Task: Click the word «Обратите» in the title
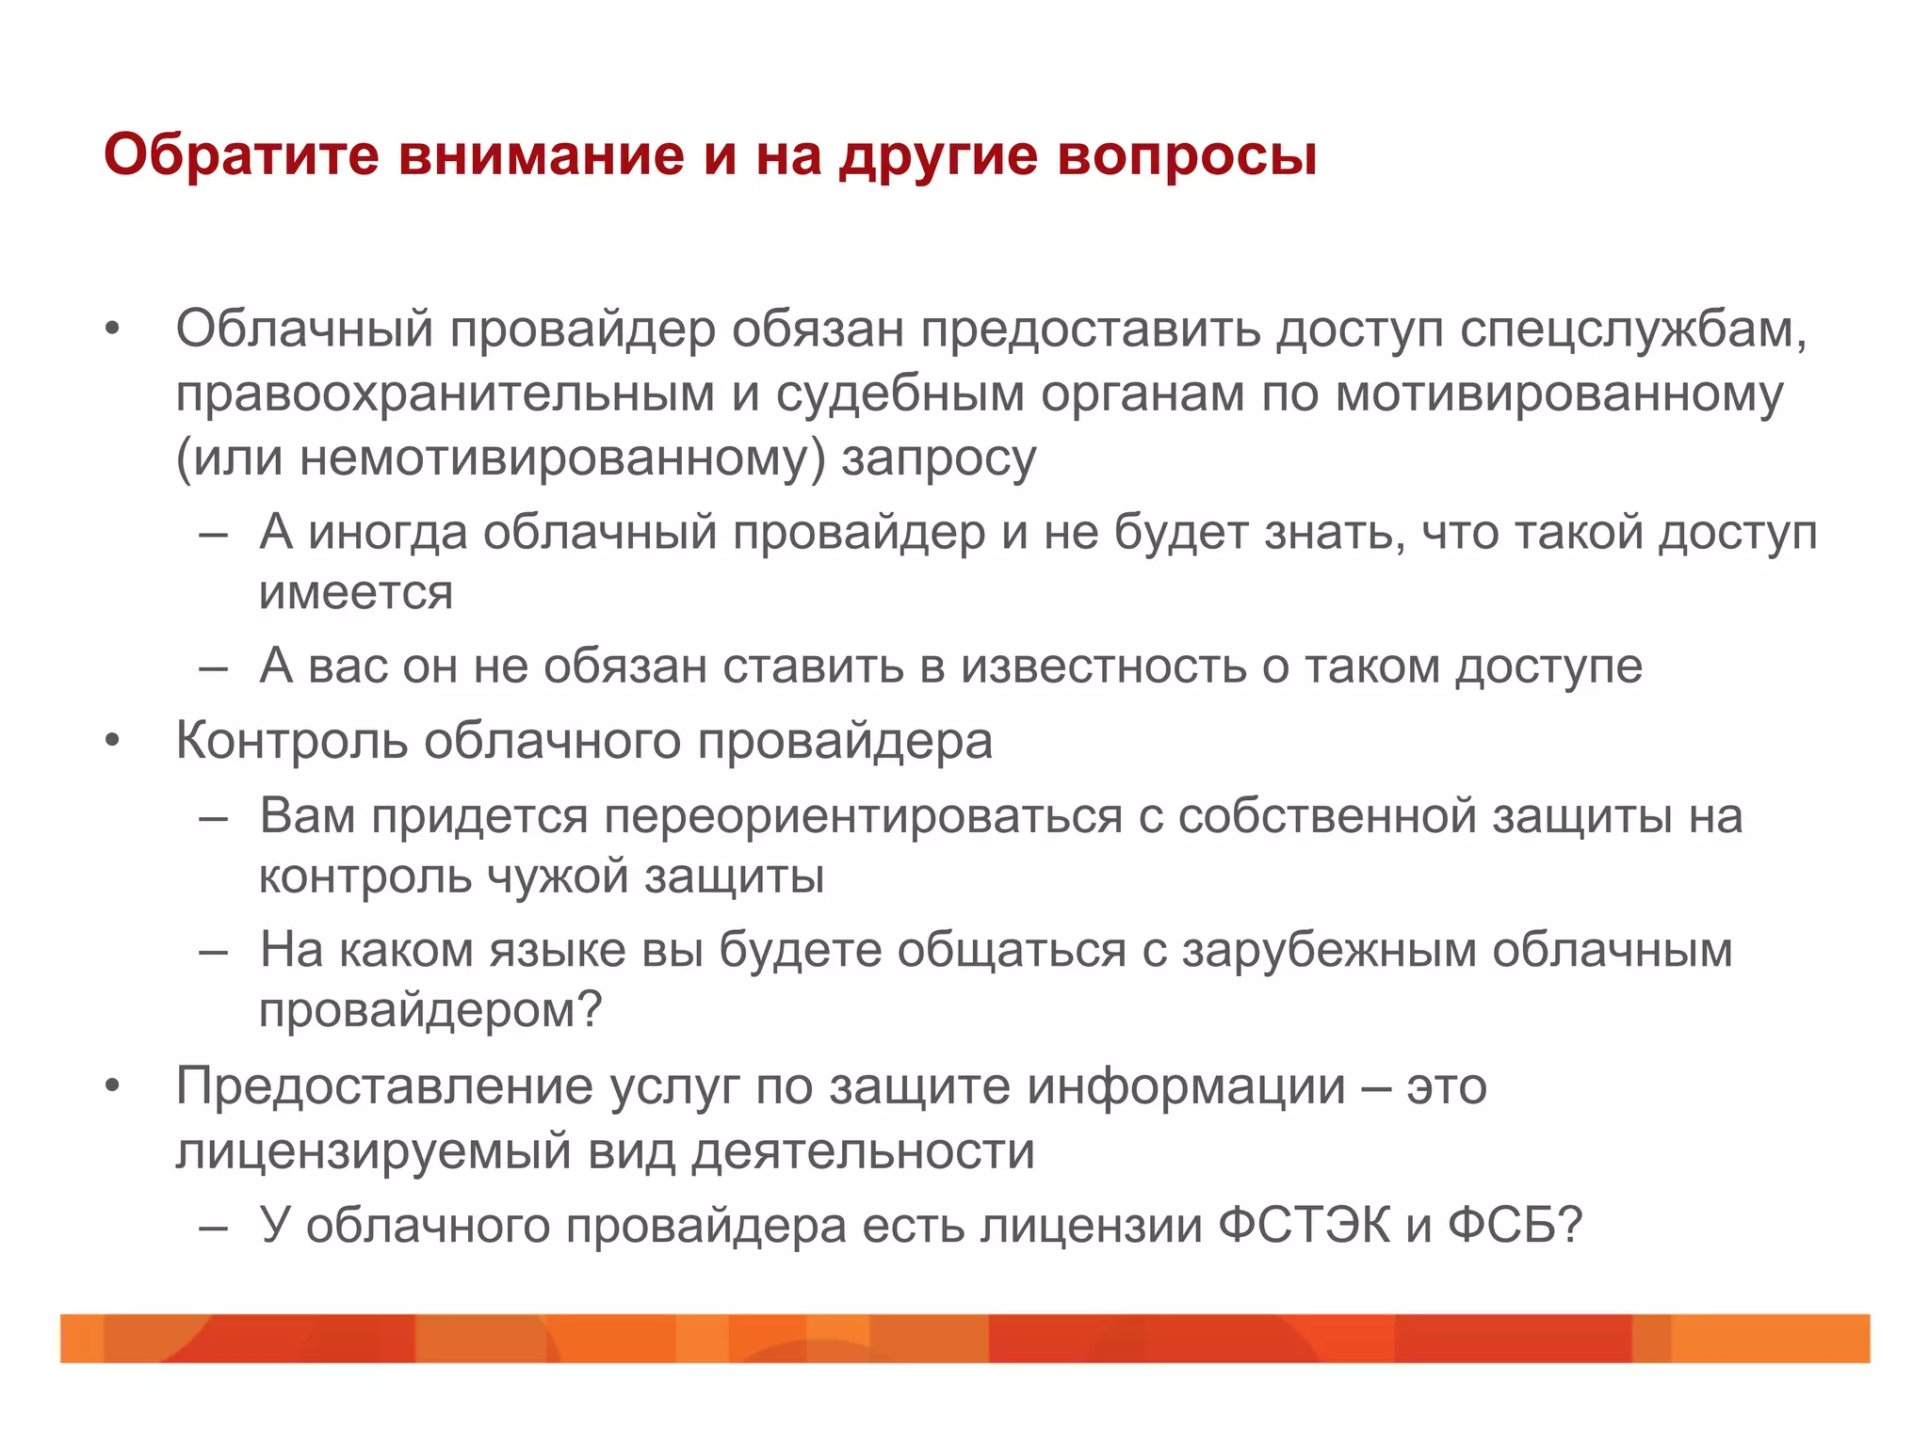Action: pyautogui.click(x=241, y=154)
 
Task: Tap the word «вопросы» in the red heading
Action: pyautogui.click(x=1186, y=156)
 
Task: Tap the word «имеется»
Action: pyautogui.click(x=356, y=593)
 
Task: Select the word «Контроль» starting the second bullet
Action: pyautogui.click(x=291, y=741)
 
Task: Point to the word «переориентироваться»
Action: pyautogui.click(x=863, y=815)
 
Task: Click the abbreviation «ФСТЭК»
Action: pyautogui.click(x=1304, y=1226)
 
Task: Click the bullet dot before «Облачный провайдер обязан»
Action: pyautogui.click(x=113, y=330)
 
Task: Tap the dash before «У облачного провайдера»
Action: pyautogui.click(x=214, y=1228)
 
